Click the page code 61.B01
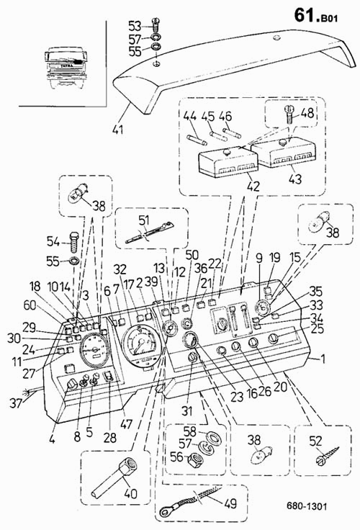point(315,16)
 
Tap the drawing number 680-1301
point(307,506)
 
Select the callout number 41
point(118,129)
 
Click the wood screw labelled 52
point(328,455)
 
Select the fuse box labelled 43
point(283,153)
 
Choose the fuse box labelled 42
point(228,163)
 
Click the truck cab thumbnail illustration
point(66,68)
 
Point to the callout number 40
point(131,493)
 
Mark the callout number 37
point(16,403)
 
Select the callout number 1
point(323,359)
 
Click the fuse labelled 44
point(197,140)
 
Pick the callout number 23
point(237,397)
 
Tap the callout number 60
point(30,305)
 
